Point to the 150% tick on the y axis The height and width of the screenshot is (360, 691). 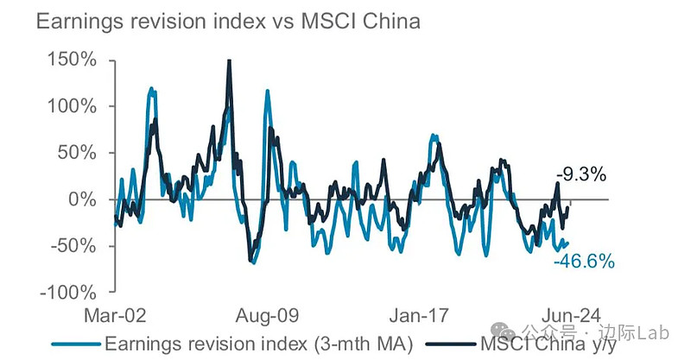(x=73, y=60)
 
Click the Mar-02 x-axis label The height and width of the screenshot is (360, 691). (x=116, y=313)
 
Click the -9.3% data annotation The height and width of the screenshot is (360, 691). (x=580, y=175)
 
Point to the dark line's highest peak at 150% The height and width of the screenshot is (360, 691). (x=229, y=60)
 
